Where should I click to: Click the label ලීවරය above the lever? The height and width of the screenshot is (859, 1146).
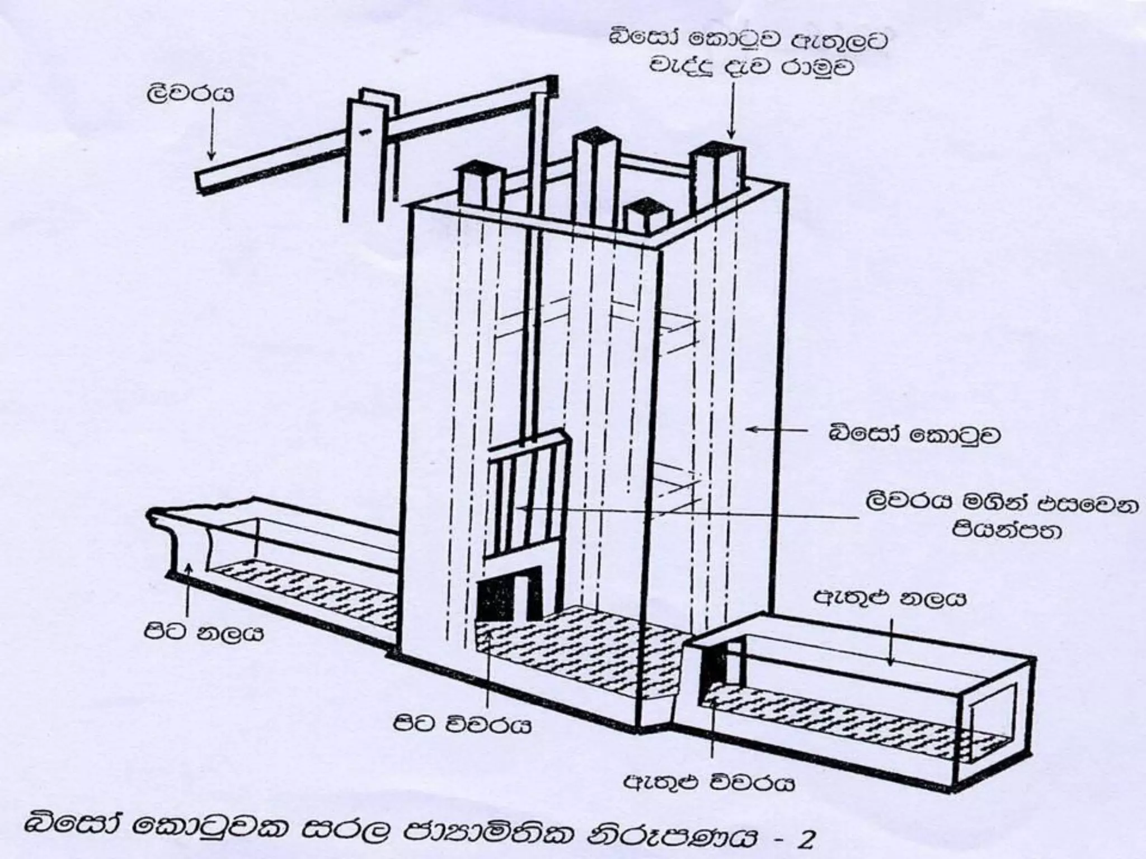point(189,94)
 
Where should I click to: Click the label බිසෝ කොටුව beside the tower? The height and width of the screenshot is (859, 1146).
point(914,435)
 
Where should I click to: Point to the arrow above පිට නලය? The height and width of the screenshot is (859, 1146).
point(189,587)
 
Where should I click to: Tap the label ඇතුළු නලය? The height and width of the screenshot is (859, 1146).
point(890,600)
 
